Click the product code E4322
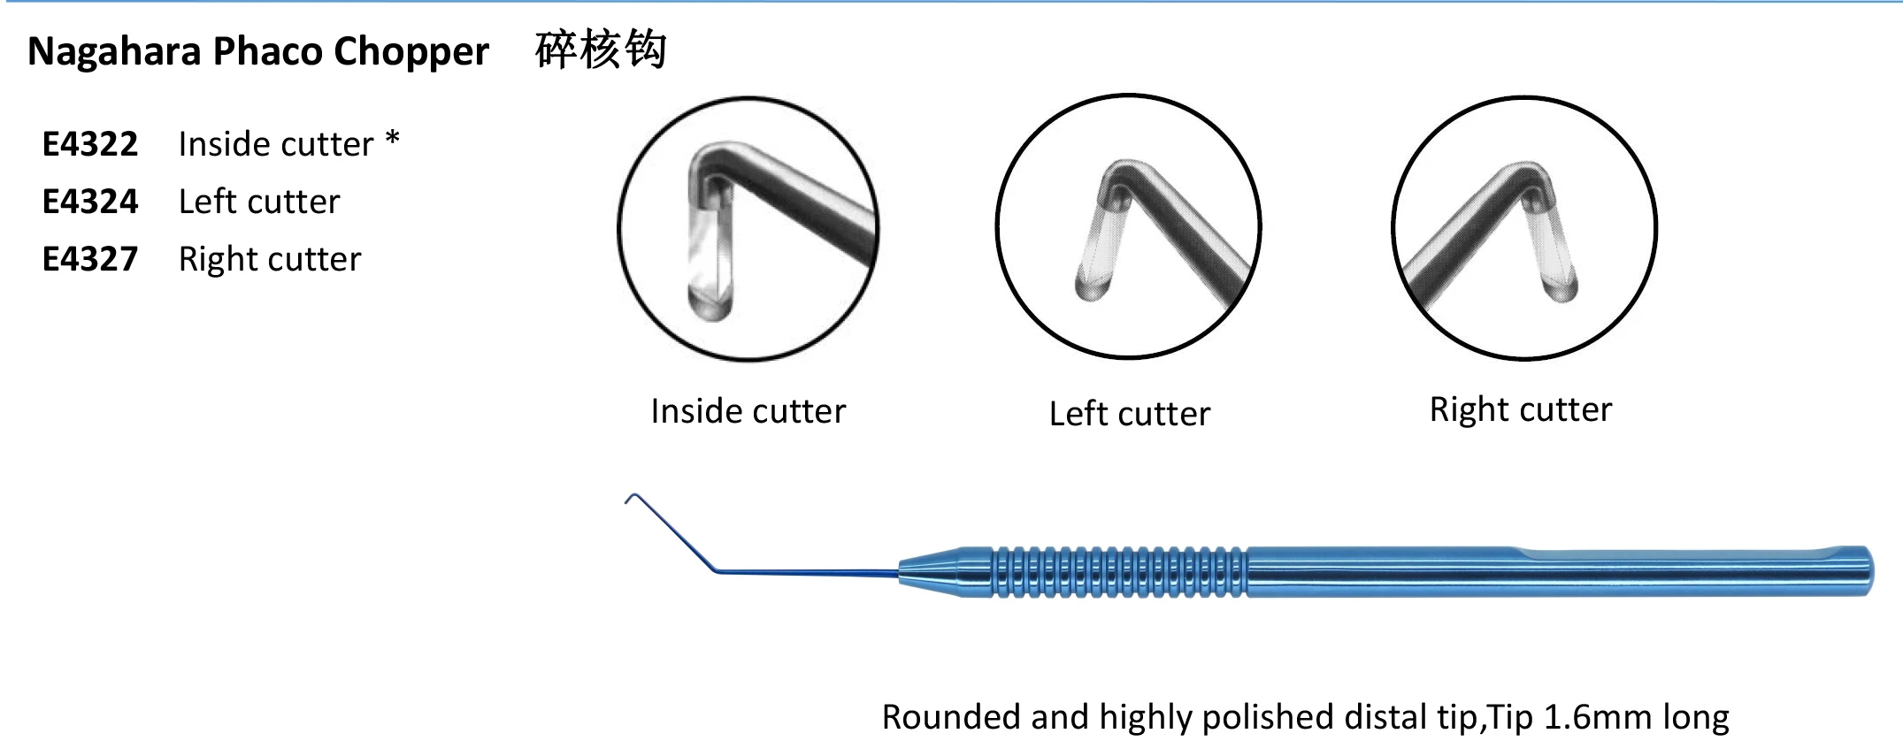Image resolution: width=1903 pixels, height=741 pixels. pos(90,144)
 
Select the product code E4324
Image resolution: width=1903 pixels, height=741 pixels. pos(90,202)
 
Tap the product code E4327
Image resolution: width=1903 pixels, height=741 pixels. pos(90,259)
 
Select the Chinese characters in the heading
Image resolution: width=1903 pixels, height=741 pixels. pos(601,50)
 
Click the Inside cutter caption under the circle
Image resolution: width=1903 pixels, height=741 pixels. pos(748,411)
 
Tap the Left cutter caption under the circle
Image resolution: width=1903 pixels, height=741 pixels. pos(1129,414)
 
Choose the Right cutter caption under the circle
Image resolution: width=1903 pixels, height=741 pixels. pos(1521,409)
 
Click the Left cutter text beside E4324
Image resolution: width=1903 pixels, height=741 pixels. pos(259,202)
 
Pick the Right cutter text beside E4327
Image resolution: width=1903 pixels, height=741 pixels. pos(270,259)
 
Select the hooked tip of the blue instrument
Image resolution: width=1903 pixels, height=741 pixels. pos(630,499)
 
